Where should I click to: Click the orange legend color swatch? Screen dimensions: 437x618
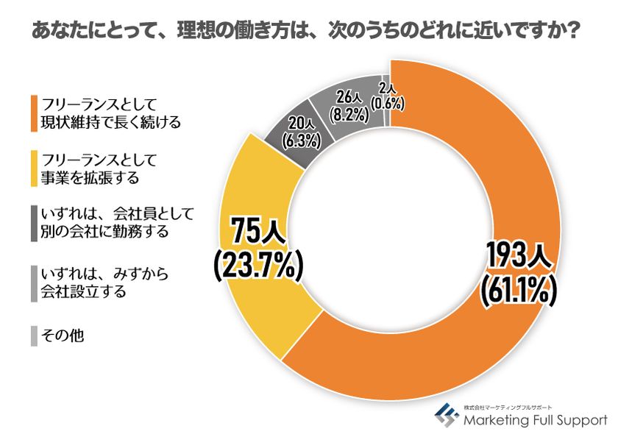click(x=34, y=113)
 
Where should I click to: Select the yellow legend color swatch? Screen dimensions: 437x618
click(x=34, y=168)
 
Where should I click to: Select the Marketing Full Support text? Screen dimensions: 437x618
click(x=535, y=420)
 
